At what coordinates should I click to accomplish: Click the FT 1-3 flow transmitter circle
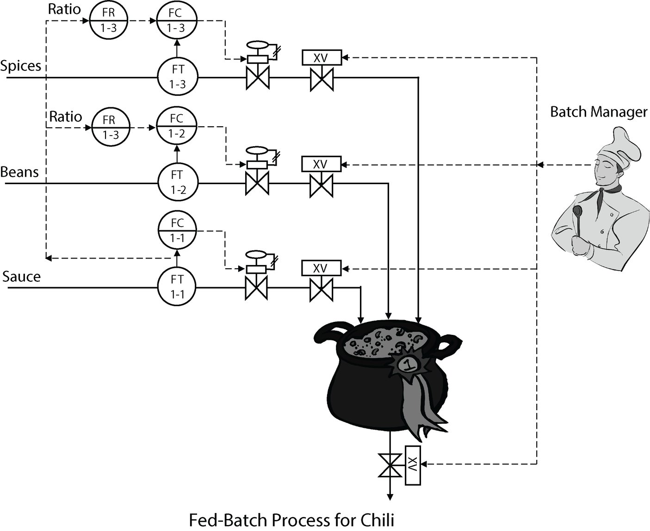coord(178,77)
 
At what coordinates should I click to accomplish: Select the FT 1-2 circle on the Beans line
coord(178,182)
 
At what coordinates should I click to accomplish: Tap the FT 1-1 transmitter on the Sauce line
coord(178,287)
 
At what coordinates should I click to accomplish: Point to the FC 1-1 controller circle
coord(177,230)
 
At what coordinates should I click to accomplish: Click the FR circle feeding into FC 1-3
coord(108,20)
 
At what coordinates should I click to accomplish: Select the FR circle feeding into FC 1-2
coord(110,127)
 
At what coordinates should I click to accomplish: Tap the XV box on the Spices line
coord(321,57)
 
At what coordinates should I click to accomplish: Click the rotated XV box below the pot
coord(413,465)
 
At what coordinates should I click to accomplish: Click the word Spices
coord(21,66)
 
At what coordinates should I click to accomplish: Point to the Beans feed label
coord(19,172)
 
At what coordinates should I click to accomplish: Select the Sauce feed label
coord(21,277)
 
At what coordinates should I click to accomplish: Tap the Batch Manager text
coord(599,112)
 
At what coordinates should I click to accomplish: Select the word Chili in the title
coord(373,520)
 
